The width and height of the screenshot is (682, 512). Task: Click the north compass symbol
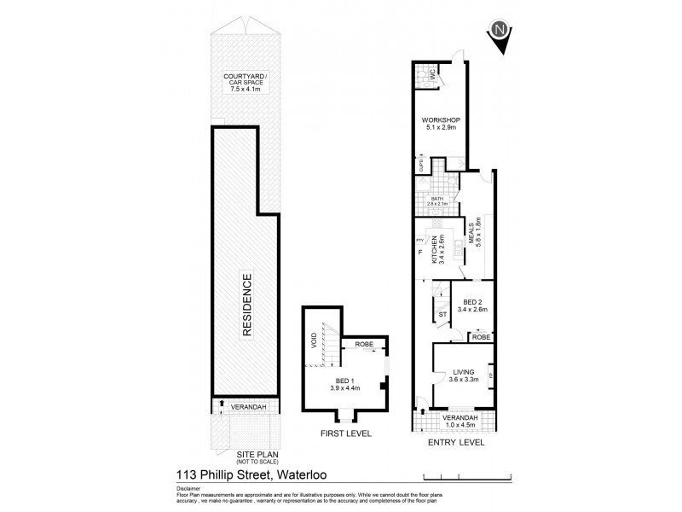(x=501, y=32)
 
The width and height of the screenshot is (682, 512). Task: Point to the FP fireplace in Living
(x=490, y=375)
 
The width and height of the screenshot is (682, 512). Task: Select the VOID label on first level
(x=314, y=340)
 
